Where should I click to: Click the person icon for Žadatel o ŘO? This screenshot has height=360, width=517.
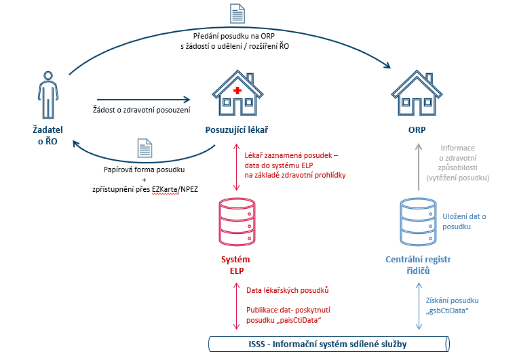point(45,95)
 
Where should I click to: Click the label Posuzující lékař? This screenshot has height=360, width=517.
point(235,128)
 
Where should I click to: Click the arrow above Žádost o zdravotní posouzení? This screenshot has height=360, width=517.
point(143,99)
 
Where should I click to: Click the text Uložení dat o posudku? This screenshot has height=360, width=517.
point(469,222)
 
